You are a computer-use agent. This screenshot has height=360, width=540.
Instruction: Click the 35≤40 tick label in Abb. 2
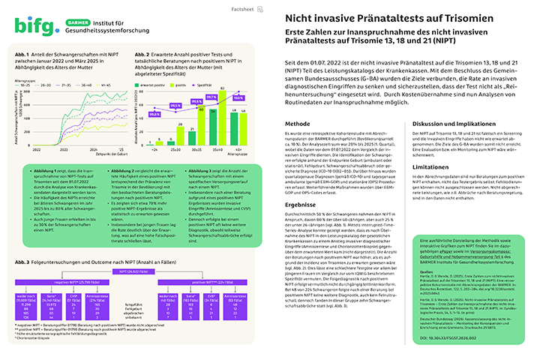tap(210, 149)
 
